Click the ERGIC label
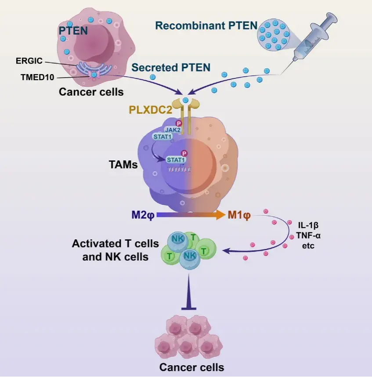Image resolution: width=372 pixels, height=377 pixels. [29, 61]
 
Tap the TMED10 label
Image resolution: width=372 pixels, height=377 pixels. [37, 78]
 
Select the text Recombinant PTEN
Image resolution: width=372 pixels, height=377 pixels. [206, 26]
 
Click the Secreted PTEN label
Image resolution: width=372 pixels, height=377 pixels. [171, 68]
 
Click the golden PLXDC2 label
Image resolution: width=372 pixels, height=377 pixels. [151, 110]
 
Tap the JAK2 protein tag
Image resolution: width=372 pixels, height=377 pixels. [173, 130]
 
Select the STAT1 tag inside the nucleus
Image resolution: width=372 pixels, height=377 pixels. [177, 160]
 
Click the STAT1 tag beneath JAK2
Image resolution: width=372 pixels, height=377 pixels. [163, 137]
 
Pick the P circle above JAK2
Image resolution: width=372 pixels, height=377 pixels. [179, 124]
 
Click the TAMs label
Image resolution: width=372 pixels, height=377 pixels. [123, 165]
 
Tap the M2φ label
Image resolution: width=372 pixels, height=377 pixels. [143, 215]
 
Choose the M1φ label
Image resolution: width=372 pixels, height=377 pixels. [239, 215]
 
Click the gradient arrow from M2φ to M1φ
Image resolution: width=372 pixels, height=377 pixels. [191, 215]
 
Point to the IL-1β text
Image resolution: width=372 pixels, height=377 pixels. [308, 225]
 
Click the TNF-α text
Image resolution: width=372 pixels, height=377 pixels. [308, 235]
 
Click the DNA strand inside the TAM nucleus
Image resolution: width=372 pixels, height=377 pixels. [180, 170]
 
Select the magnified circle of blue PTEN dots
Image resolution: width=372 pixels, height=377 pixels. [274, 35]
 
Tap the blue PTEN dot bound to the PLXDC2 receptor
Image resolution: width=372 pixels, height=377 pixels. [185, 100]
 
